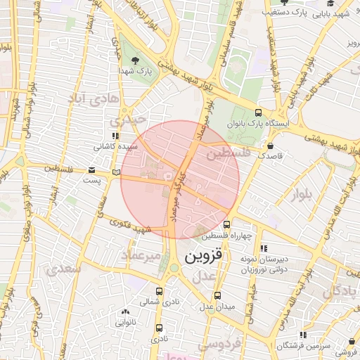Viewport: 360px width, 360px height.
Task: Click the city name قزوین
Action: (x=205, y=258)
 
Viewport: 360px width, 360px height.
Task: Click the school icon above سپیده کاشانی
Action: (x=115, y=136)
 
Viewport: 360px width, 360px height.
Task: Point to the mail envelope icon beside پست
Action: (x=92, y=170)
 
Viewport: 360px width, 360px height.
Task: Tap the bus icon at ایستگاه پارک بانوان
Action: (x=258, y=112)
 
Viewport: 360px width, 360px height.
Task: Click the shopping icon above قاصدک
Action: (x=270, y=146)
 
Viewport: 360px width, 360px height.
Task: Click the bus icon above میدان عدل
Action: (x=217, y=295)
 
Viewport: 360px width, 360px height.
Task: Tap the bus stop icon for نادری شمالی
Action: (x=159, y=289)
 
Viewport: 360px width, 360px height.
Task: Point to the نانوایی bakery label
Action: (x=125, y=323)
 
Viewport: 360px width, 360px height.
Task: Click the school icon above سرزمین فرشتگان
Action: (x=303, y=335)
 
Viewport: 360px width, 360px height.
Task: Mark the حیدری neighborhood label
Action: (x=134, y=120)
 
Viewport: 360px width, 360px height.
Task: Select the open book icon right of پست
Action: (x=116, y=171)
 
